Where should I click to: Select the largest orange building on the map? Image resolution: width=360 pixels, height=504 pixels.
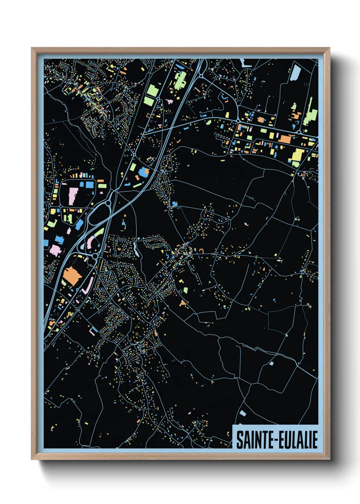point(72,276)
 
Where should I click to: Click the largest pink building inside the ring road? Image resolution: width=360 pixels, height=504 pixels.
point(73,196)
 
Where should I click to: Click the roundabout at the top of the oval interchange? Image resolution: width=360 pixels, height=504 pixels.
point(109,203)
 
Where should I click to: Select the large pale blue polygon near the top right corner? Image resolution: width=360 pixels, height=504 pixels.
point(295,73)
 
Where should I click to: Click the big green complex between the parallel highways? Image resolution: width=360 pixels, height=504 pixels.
point(180,80)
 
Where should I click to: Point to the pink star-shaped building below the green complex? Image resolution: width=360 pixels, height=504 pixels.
point(169,101)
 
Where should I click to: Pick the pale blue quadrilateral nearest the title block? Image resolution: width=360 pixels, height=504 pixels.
point(242,413)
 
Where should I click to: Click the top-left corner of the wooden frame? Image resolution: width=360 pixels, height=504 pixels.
point(32,48)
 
